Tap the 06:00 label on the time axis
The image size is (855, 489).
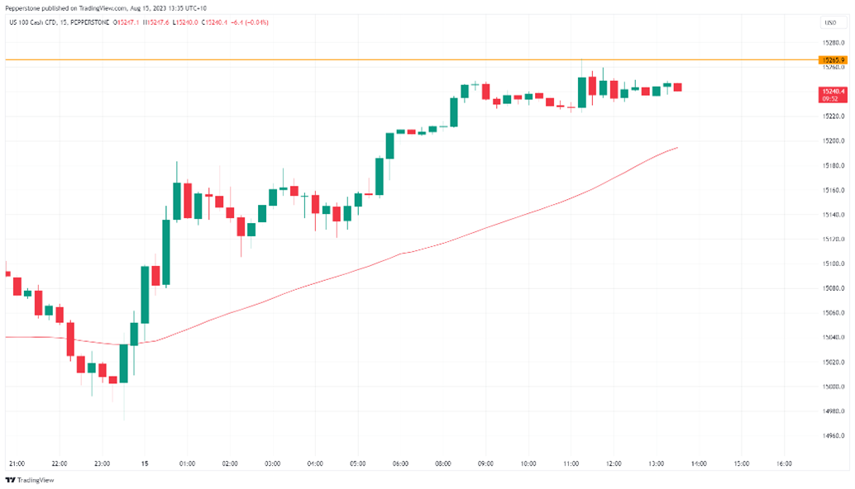click(400, 463)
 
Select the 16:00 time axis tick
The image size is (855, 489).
click(783, 463)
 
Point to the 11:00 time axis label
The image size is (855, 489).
click(571, 463)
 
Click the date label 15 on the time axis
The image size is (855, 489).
click(146, 463)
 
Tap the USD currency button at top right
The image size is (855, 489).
click(829, 22)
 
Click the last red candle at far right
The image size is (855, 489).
click(677, 87)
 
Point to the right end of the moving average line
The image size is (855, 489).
click(677, 148)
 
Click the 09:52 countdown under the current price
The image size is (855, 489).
click(830, 98)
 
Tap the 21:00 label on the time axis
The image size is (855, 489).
click(16, 463)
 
